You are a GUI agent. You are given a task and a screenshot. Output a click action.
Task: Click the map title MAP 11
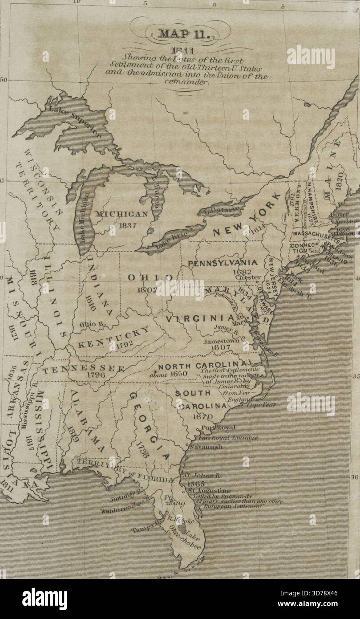pos(180,34)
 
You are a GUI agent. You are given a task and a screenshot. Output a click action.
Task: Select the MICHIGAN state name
pos(121,214)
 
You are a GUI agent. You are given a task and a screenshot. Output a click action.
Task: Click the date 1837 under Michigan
pos(127,225)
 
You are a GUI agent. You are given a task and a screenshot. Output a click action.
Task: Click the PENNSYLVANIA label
pos(222,263)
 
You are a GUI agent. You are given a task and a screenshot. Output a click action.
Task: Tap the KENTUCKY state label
pos(114,338)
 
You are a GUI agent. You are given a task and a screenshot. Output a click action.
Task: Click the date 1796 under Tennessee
pos(96,375)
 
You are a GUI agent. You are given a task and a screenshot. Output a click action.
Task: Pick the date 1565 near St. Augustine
pos(196,484)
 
